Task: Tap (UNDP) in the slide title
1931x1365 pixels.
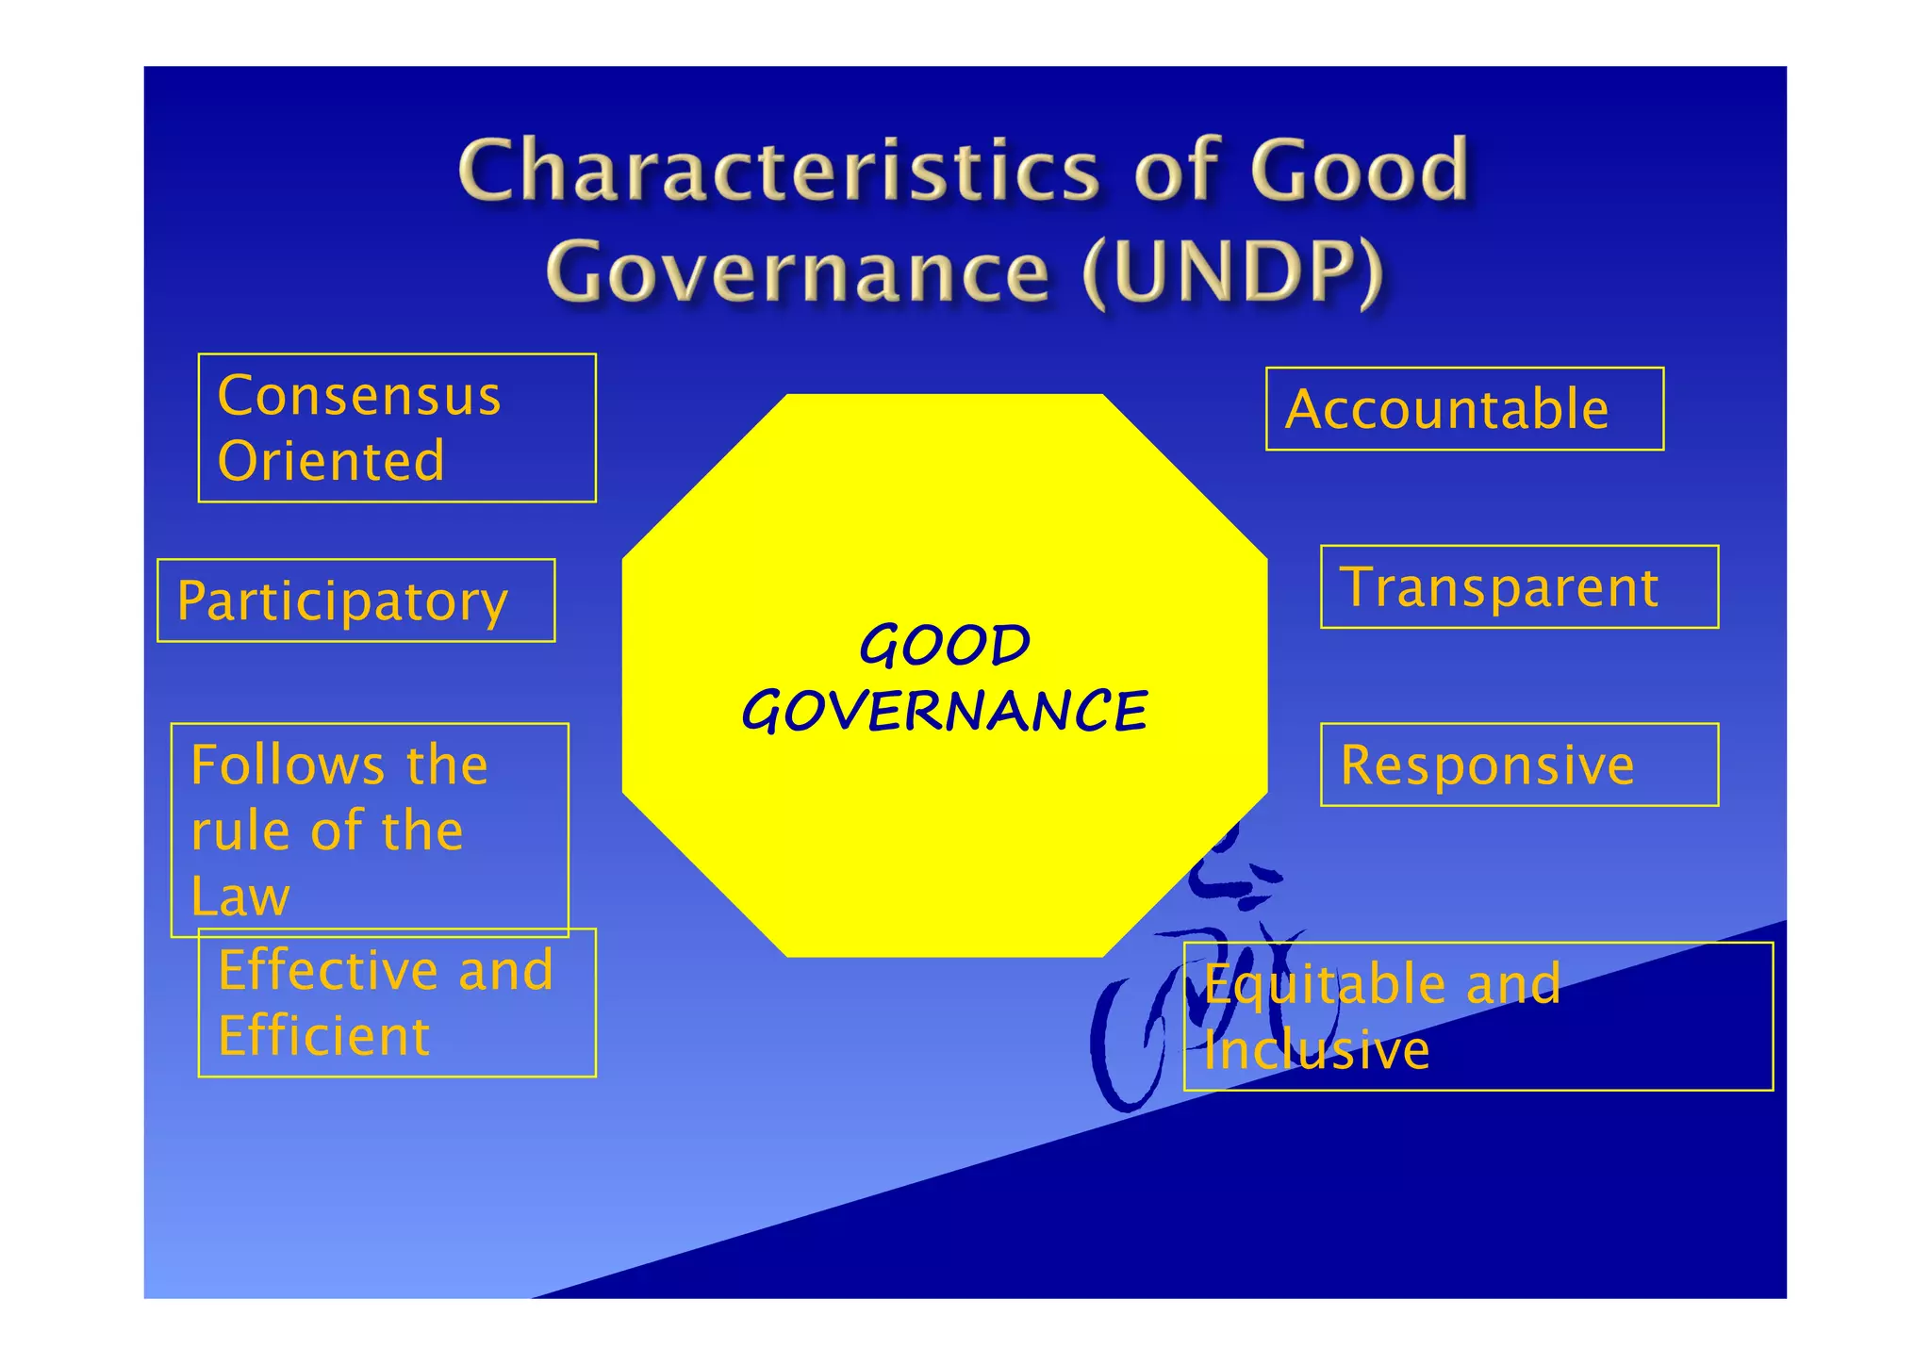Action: tap(1233, 271)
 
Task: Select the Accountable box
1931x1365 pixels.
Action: tap(1464, 409)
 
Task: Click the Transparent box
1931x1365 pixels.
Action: tap(1519, 586)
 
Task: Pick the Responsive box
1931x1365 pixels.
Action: tap(1519, 765)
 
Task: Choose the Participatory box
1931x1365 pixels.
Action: tap(355, 600)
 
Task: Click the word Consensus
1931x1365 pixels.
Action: tap(358, 395)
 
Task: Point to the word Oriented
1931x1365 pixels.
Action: tap(330, 461)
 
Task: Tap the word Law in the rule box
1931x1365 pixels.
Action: tap(239, 896)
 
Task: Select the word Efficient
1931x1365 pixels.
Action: tap(323, 1036)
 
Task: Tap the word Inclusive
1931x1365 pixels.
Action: tap(1316, 1050)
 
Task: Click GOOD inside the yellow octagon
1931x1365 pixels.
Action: tap(945, 646)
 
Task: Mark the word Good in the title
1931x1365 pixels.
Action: tap(1359, 170)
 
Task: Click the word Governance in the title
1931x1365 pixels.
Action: tap(797, 271)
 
